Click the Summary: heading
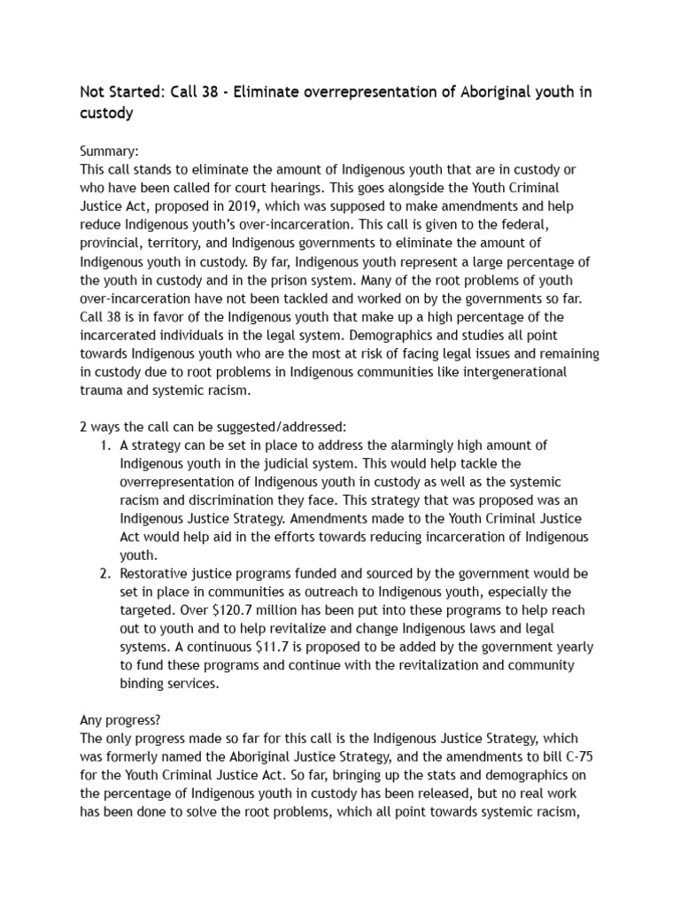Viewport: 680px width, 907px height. pos(110,151)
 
